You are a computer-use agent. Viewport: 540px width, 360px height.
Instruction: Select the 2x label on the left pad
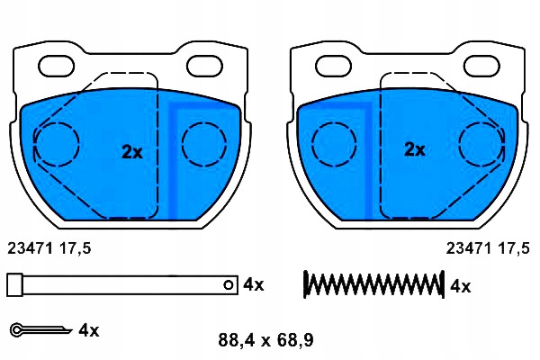132,151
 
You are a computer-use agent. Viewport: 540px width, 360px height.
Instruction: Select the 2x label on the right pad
415,149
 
